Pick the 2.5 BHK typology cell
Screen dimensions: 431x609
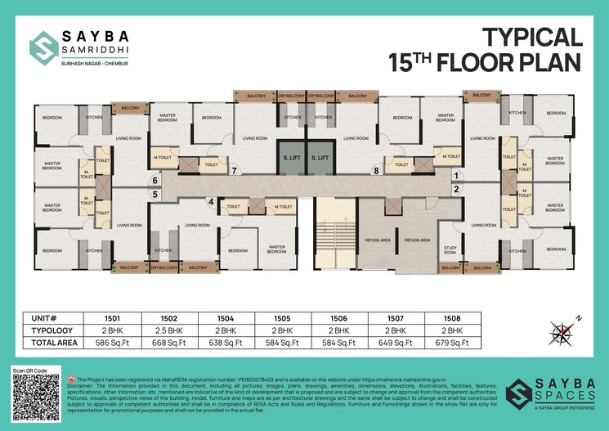click(161, 330)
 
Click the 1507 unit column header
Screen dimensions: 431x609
click(389, 317)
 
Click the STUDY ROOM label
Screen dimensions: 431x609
click(450, 251)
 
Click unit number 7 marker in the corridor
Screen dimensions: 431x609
click(235, 172)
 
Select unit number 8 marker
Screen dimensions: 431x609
click(376, 171)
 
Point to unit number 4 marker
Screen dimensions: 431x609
click(211, 201)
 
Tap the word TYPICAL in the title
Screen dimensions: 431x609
click(531, 37)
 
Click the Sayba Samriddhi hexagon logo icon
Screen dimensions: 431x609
click(42, 46)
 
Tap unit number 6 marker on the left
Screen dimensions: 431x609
click(154, 181)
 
